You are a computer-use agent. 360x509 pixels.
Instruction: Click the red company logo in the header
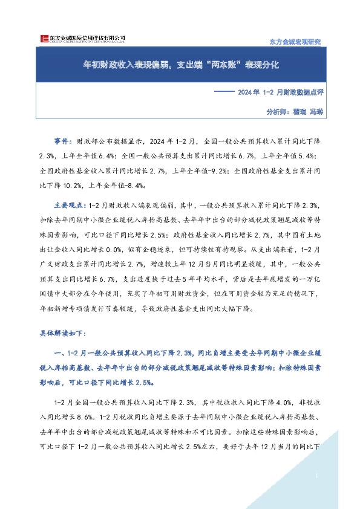click(42, 39)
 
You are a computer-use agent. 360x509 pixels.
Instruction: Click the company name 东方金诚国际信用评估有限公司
click(87, 37)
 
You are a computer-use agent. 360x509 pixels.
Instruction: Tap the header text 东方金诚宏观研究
click(293, 41)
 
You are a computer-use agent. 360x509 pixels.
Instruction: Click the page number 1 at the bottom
click(317, 476)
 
